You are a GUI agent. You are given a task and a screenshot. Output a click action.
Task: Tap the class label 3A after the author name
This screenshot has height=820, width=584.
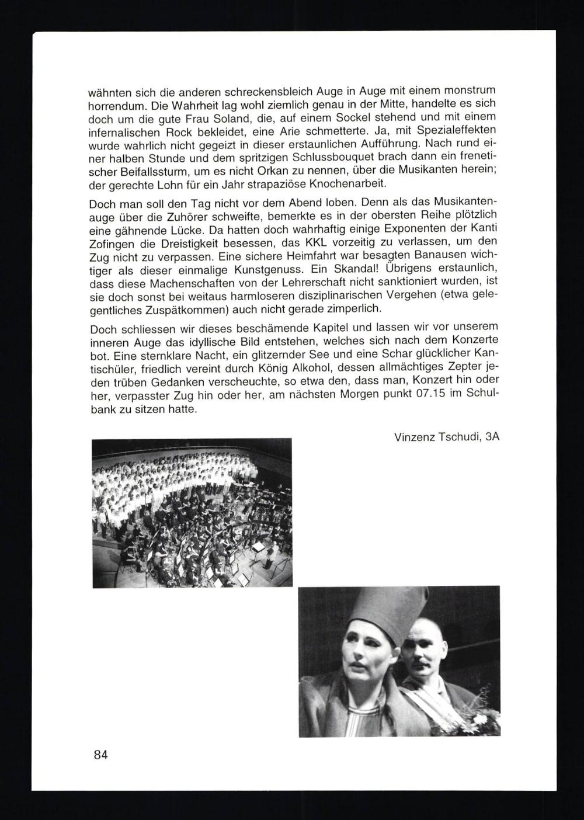pyautogui.click(x=492, y=437)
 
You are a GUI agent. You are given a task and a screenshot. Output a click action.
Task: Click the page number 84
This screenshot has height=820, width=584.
pyautogui.click(x=100, y=755)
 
